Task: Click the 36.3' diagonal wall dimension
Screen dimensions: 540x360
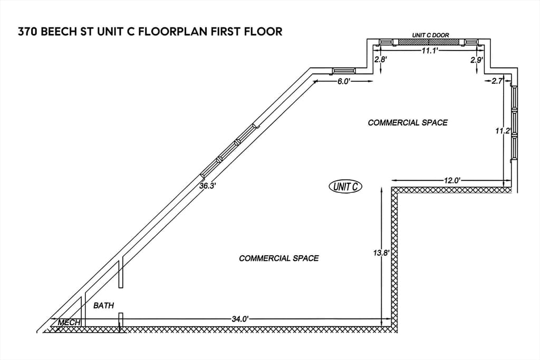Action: click(207, 186)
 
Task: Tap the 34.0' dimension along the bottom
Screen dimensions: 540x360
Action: click(240, 319)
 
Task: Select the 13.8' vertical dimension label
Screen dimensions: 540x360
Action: click(381, 253)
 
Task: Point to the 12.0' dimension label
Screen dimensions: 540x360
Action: click(452, 180)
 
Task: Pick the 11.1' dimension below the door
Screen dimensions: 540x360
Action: click(430, 51)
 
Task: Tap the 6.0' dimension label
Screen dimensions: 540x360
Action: click(343, 82)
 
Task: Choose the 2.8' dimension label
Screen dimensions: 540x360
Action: click(381, 59)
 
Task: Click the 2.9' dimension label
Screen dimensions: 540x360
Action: click(477, 60)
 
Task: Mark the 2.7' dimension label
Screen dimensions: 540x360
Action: click(497, 81)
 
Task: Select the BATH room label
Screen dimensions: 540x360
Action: click(104, 305)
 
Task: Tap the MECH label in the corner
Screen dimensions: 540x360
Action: click(69, 323)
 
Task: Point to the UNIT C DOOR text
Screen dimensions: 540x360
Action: click(430, 35)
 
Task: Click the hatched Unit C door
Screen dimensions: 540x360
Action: click(429, 42)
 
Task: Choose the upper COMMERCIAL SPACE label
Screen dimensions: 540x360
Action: click(408, 122)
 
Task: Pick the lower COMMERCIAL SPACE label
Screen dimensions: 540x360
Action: click(279, 258)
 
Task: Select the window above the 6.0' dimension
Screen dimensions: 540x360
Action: click(344, 71)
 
